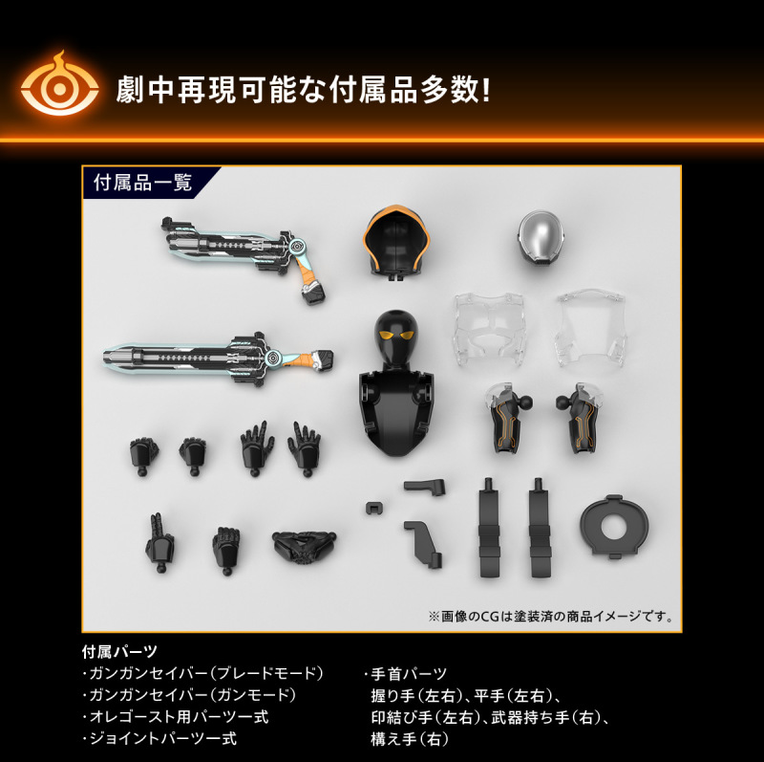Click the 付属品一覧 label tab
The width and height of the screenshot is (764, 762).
(x=142, y=183)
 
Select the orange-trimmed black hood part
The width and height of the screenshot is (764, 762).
(x=395, y=243)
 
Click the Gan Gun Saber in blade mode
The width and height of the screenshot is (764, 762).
(x=218, y=359)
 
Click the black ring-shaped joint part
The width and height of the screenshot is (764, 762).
(x=613, y=526)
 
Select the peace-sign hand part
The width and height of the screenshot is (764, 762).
(x=159, y=542)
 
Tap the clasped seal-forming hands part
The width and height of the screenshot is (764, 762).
(x=304, y=545)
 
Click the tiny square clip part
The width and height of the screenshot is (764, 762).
(x=372, y=508)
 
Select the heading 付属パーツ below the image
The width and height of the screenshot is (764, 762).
(x=120, y=651)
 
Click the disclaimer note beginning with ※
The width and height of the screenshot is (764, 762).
(x=551, y=617)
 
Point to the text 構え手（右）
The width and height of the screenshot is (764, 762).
(x=410, y=739)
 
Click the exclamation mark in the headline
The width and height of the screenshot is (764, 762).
(x=485, y=90)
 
